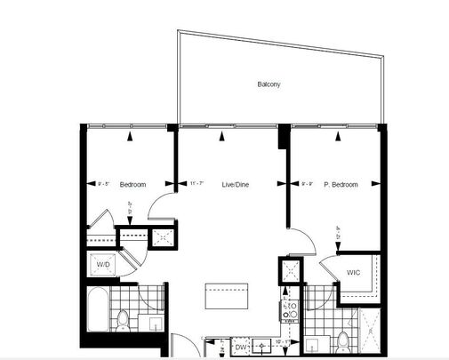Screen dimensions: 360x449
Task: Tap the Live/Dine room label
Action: [x=234, y=184]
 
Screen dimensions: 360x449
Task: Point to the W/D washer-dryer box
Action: [x=102, y=265]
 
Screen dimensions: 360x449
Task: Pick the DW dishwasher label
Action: [x=241, y=347]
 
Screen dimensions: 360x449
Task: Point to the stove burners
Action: [x=289, y=310]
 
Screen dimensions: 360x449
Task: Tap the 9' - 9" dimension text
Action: [x=309, y=184]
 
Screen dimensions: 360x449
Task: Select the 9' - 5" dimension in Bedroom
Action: [x=103, y=184]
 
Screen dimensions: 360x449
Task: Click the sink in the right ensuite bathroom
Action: [x=310, y=345]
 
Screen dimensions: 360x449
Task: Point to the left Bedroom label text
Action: [x=132, y=184]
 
